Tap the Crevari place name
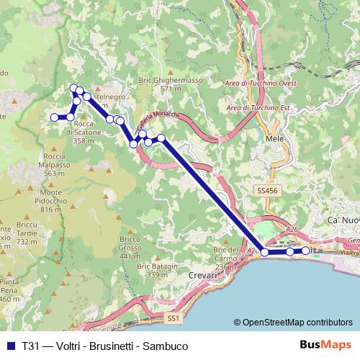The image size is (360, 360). (x=202, y=276)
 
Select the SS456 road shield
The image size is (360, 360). (x=266, y=191)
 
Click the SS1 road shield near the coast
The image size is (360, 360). (x=172, y=317)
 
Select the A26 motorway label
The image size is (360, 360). (x=292, y=229)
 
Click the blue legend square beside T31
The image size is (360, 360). (x=10, y=346)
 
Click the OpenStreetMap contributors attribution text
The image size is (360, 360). (x=293, y=322)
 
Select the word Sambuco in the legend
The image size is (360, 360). (x=166, y=346)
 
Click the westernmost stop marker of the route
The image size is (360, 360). (x=53, y=117)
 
